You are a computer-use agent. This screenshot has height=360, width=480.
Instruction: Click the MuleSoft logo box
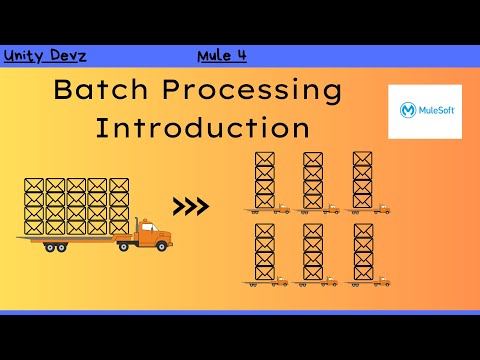(x=424, y=111)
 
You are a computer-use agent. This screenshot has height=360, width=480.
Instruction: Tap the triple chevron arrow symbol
(x=191, y=207)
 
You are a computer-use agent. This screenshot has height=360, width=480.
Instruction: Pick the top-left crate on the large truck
(x=33, y=186)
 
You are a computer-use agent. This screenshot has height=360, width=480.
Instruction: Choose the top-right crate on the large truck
(x=119, y=186)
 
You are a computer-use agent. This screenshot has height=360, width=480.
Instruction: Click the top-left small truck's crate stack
(x=264, y=179)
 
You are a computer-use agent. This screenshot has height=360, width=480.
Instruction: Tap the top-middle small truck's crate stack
(x=313, y=179)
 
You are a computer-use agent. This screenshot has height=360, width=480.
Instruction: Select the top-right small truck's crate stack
(x=362, y=179)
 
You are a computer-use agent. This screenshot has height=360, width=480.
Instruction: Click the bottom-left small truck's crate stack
(x=264, y=251)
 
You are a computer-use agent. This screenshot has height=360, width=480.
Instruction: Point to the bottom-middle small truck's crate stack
(x=313, y=251)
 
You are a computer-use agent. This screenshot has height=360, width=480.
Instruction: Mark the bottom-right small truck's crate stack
(x=362, y=251)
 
